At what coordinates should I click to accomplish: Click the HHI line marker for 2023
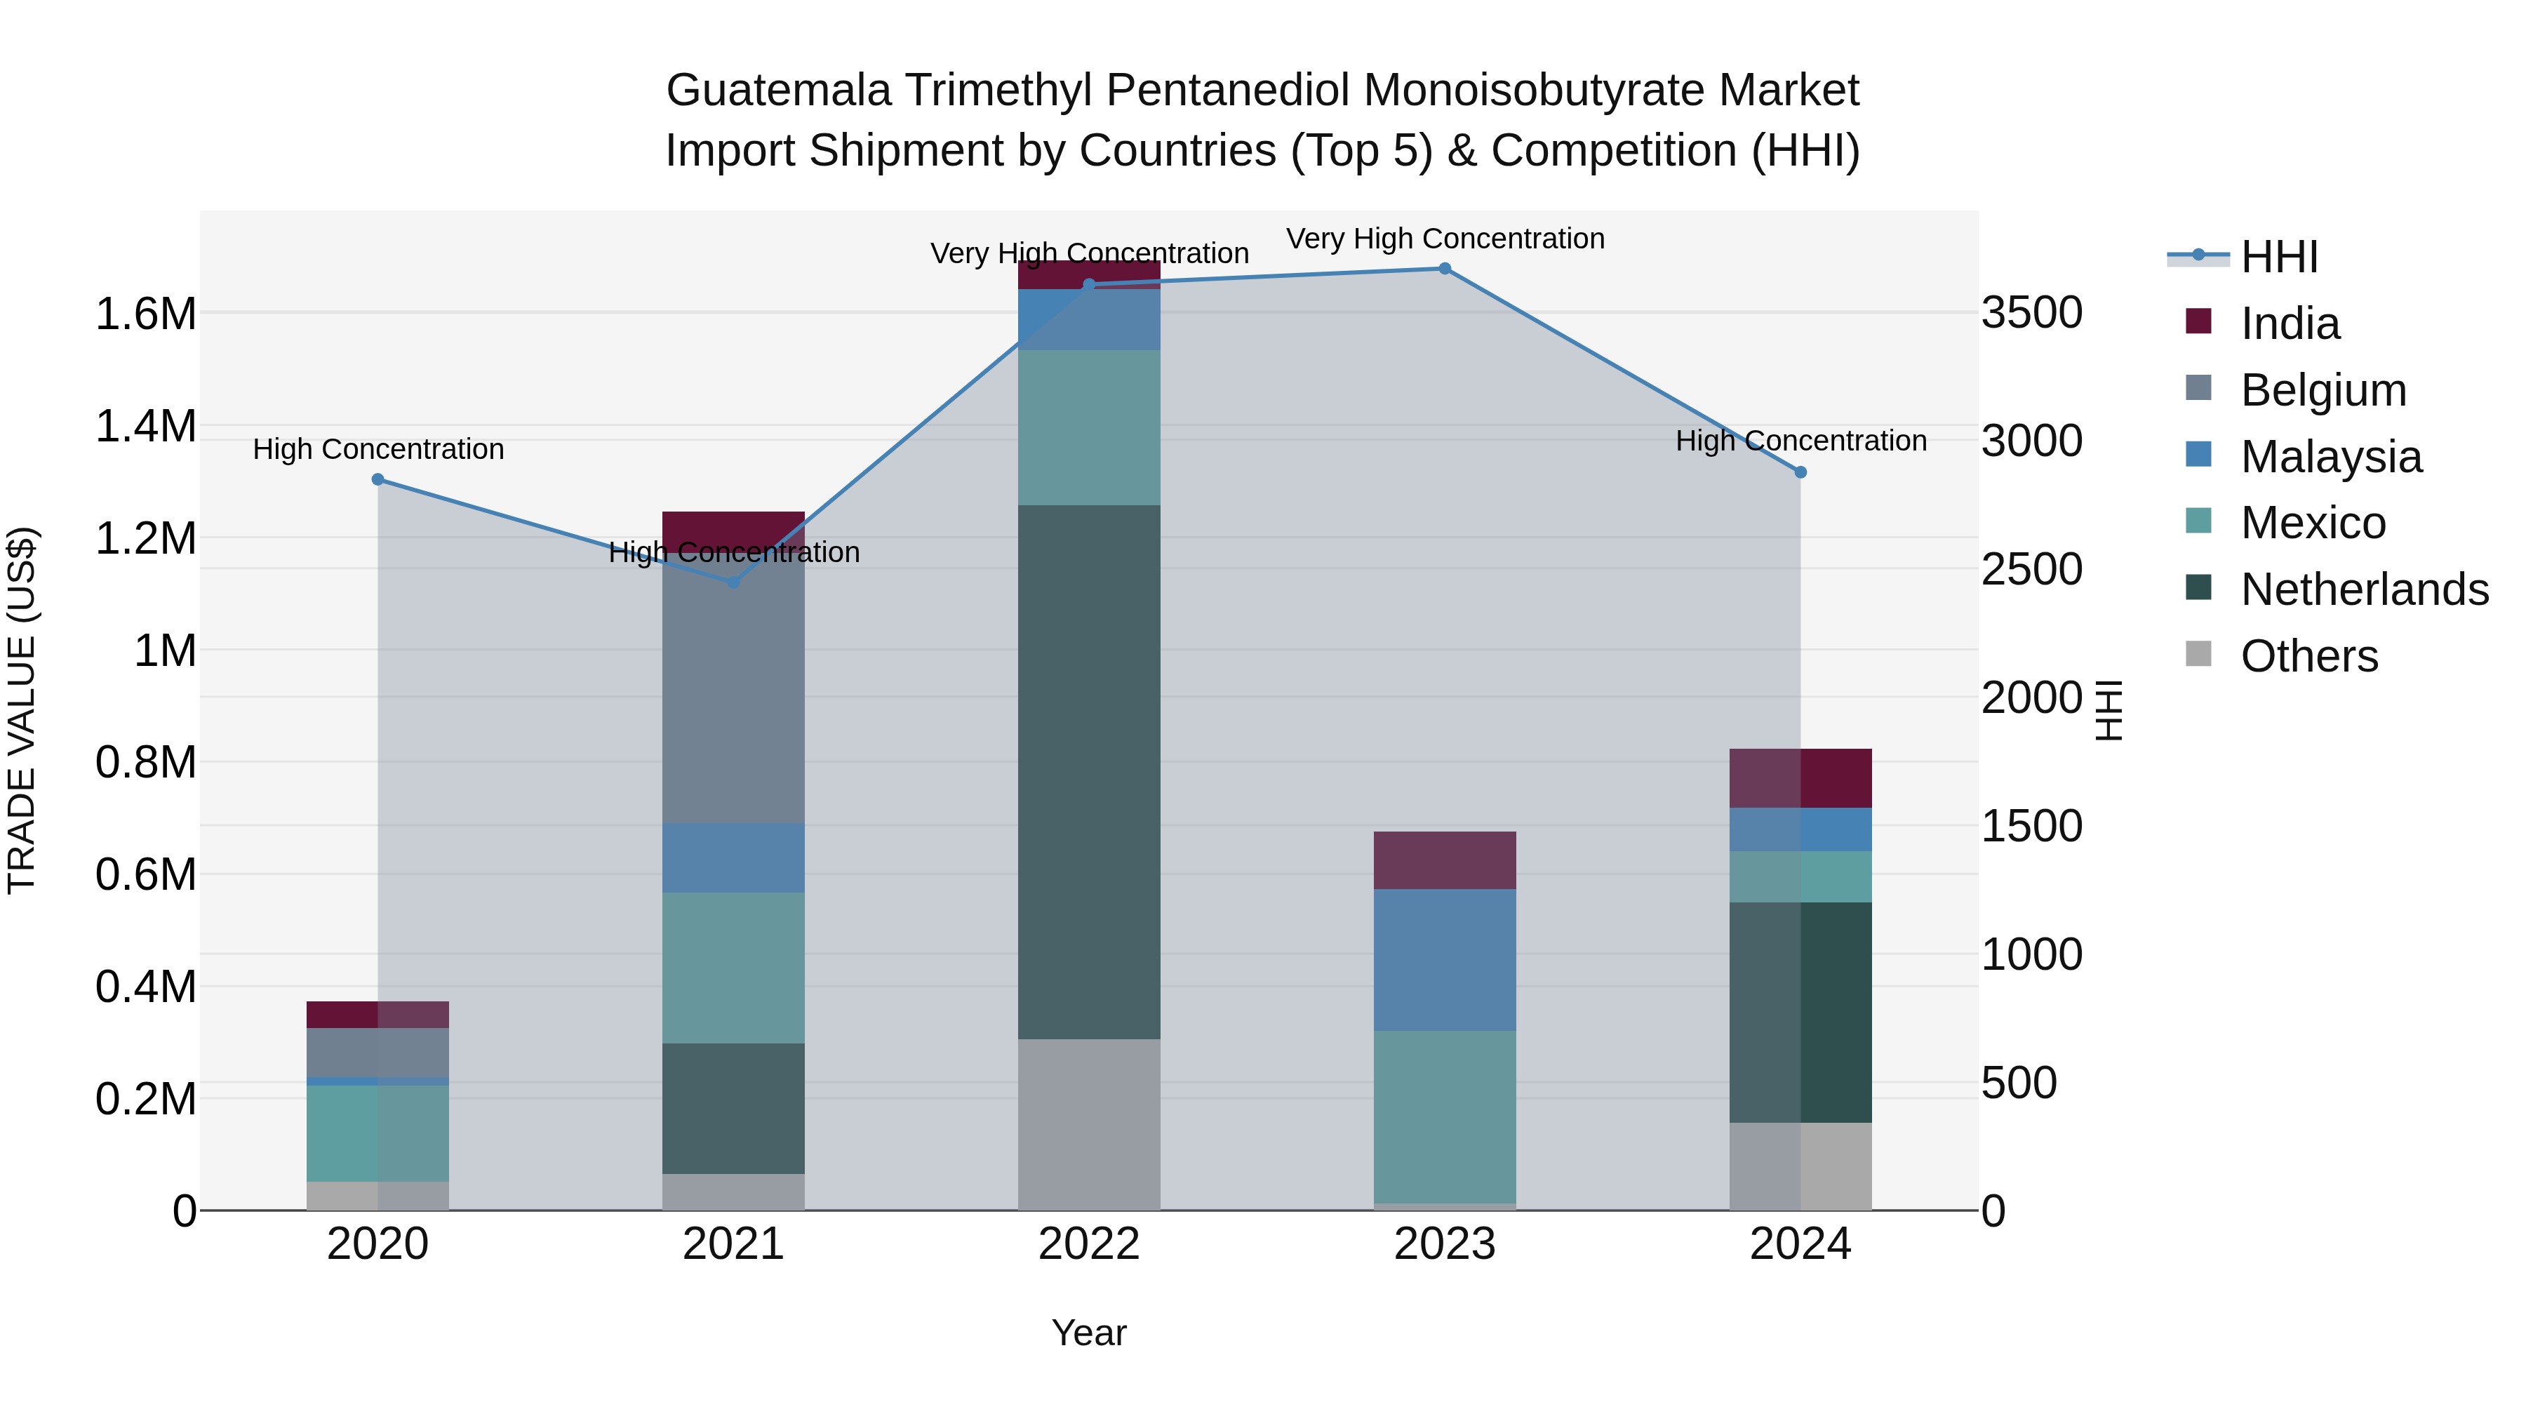pyautogui.click(x=1445, y=269)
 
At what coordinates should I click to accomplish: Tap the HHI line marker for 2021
pyautogui.click(x=733, y=582)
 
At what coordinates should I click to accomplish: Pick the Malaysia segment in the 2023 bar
pyautogui.click(x=1445, y=959)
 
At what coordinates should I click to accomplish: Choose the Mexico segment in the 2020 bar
pyautogui.click(x=377, y=1133)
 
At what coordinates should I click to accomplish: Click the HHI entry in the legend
pyautogui.click(x=2279, y=257)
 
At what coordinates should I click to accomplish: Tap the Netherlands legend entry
pyautogui.click(x=2363, y=589)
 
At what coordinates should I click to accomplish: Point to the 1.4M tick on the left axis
pyautogui.click(x=145, y=427)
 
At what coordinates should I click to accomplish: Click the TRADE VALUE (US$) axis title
pyautogui.click(x=22, y=710)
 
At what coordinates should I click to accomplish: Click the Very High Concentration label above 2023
pyautogui.click(x=1445, y=239)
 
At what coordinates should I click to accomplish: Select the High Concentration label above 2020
pyautogui.click(x=377, y=449)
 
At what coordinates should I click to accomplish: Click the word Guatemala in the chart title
pyautogui.click(x=779, y=91)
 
